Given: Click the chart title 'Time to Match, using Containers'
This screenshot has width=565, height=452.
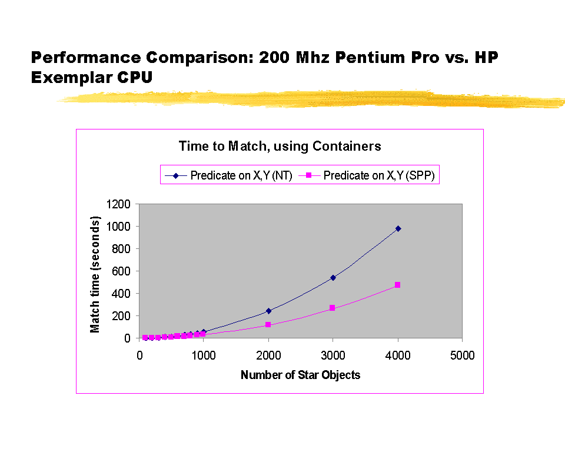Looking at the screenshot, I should point(280,146).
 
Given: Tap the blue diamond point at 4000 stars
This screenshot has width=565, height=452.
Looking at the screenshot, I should point(398,228).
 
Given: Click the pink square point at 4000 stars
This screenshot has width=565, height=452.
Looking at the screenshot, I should point(398,285).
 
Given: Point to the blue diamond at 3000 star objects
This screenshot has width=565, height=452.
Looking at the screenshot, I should point(333,278).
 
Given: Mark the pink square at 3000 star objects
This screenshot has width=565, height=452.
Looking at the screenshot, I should point(333,308).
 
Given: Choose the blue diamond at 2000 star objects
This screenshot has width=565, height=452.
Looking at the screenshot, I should point(268,311).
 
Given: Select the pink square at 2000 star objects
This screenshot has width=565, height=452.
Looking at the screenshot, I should point(268,325).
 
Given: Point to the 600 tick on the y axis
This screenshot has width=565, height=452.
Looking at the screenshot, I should point(122,271).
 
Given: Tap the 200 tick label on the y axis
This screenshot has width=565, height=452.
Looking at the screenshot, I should point(122,316).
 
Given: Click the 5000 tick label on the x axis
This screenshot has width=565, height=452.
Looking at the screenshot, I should point(462,355).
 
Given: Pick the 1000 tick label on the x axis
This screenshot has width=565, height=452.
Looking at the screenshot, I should point(204,355).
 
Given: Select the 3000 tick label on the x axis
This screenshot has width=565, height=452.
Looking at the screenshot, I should point(333,355).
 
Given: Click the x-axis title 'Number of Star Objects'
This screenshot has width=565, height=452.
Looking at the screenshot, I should point(300,375).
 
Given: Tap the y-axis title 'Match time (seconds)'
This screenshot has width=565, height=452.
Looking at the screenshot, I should point(95,271).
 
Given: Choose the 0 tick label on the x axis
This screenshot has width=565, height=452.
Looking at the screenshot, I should point(139,355).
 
